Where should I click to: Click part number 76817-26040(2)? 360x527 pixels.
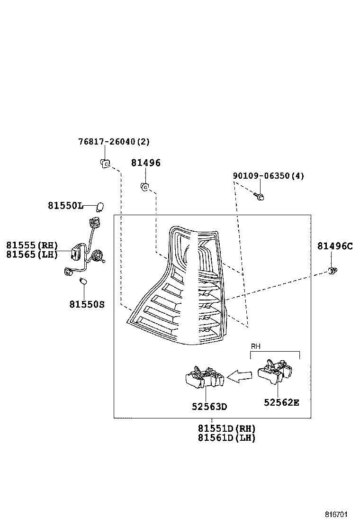[x=114, y=142]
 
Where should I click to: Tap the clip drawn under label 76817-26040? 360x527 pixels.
[x=105, y=164]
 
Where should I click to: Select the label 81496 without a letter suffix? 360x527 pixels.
[x=146, y=163]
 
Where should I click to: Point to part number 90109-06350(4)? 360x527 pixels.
[x=268, y=176]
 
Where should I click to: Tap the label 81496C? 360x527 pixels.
[x=335, y=246]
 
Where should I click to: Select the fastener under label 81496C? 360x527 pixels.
[x=333, y=271]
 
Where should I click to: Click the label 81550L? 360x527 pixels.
[x=65, y=206]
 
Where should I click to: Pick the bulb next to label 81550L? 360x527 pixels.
[x=99, y=207]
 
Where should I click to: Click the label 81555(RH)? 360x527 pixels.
[x=32, y=245]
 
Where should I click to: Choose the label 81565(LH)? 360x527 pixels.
[x=32, y=254]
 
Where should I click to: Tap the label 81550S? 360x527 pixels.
[x=87, y=304]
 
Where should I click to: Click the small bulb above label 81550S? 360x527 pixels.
[x=83, y=281]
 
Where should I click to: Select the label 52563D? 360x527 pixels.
[x=209, y=407]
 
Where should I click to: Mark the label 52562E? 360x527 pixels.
[x=281, y=403]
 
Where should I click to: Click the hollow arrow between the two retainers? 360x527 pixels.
[x=240, y=376]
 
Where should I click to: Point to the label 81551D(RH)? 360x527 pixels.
[x=226, y=428]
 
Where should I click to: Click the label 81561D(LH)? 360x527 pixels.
[x=226, y=438]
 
